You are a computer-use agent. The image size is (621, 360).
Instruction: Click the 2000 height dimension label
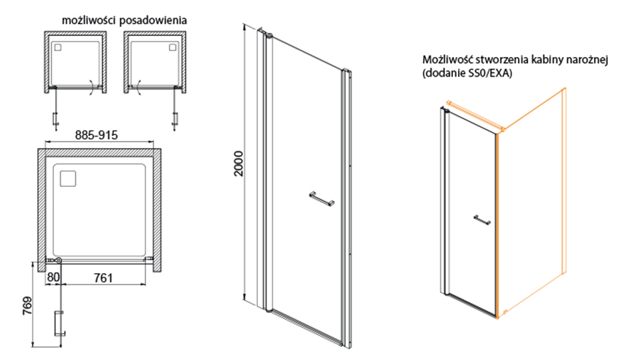(x=238, y=164)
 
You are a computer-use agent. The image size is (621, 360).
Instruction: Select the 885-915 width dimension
(x=96, y=135)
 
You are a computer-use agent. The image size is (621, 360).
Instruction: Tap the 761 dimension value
(x=103, y=277)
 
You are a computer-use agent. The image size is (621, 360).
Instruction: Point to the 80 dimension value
(x=53, y=277)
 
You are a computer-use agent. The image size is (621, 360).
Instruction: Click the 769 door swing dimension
(x=27, y=307)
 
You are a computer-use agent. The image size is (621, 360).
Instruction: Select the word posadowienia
(x=153, y=20)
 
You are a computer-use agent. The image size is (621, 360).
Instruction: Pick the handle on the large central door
(x=321, y=199)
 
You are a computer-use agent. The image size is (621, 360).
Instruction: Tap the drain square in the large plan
(x=68, y=178)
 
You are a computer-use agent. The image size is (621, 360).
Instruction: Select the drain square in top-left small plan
(x=58, y=47)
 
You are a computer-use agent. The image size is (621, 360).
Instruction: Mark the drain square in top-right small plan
(x=172, y=47)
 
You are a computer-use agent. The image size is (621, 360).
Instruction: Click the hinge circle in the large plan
(x=58, y=260)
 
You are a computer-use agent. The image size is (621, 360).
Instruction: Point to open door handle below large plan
(x=59, y=323)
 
